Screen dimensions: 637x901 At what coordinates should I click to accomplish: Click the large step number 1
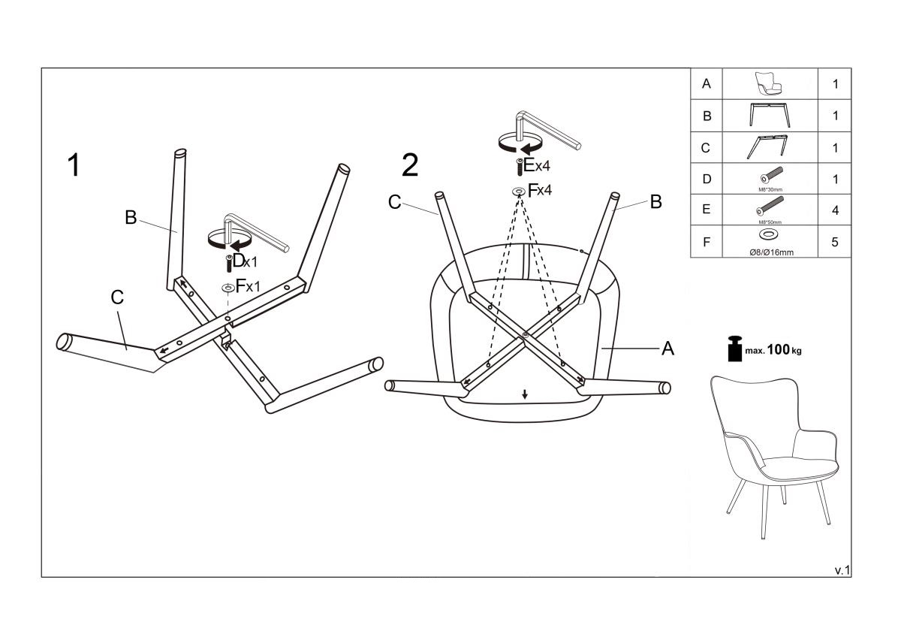(x=74, y=165)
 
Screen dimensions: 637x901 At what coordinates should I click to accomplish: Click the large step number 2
(x=410, y=165)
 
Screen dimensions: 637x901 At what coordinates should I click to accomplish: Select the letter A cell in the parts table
(x=706, y=84)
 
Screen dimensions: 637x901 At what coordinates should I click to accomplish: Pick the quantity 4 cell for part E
(x=835, y=210)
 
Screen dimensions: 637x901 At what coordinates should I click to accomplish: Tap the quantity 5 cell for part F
(x=835, y=242)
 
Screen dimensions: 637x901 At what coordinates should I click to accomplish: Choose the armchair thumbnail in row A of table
(x=770, y=84)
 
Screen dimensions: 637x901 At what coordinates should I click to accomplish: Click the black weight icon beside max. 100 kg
(x=734, y=349)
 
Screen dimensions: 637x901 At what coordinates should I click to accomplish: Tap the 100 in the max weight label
(x=779, y=350)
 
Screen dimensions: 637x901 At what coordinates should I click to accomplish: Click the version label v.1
(x=842, y=570)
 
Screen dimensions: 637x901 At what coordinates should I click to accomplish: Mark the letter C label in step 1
(x=117, y=297)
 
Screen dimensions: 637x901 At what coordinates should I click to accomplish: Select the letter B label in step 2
(x=655, y=201)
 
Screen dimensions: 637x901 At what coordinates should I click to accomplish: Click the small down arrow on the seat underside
(x=525, y=394)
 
